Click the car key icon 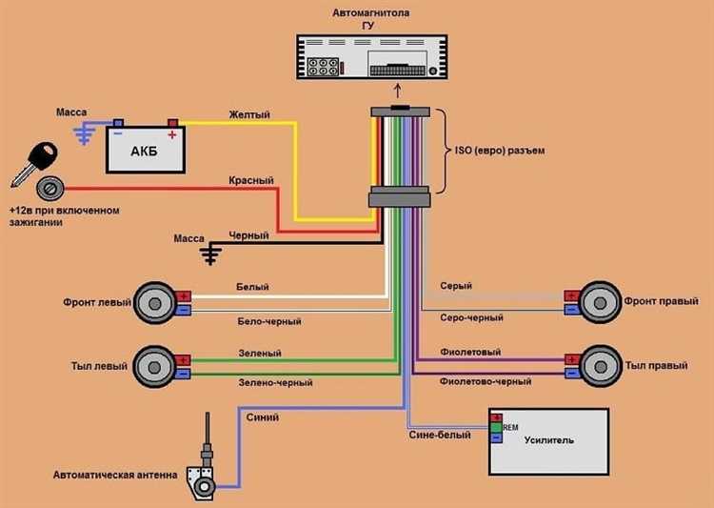coord(34,163)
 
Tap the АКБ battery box coord(146,150)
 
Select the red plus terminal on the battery coord(173,123)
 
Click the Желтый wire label coord(249,114)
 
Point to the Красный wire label coord(251,180)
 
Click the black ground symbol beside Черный coord(210,254)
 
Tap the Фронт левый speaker coord(155,303)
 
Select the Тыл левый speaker coord(154,367)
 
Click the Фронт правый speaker coord(600,302)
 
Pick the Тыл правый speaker coord(600,366)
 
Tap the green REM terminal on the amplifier coord(496,428)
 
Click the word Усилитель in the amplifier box coord(548,440)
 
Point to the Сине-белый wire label coord(440,435)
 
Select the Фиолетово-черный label coord(486,381)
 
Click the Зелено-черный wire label coord(275,382)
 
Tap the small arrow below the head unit coord(398,91)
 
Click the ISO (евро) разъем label coord(500,150)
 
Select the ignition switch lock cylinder coord(50,189)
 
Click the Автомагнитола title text coord(370,12)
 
